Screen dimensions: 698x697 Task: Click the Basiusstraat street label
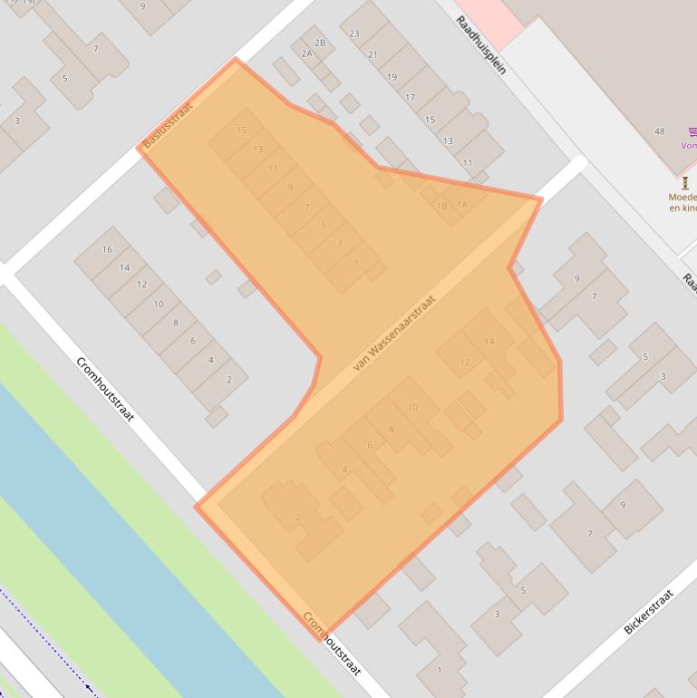pyautogui.click(x=169, y=124)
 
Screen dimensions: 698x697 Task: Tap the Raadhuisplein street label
pyautogui.click(x=481, y=44)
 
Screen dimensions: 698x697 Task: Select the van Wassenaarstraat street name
pyautogui.click(x=395, y=333)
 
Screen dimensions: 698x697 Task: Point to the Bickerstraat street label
pyautogui.click(x=649, y=612)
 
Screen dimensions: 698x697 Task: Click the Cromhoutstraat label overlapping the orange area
pyautogui.click(x=332, y=644)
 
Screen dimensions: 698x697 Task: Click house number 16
pyautogui.click(x=107, y=249)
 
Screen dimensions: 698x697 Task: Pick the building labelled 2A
pyautogui.click(x=306, y=53)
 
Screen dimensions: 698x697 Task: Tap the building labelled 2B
pyautogui.click(x=319, y=43)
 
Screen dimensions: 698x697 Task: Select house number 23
pyautogui.click(x=354, y=34)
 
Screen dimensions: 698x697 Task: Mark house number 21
pyautogui.click(x=373, y=54)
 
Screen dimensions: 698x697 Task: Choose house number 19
pyautogui.click(x=392, y=77)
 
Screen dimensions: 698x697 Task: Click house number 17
pyautogui.click(x=410, y=98)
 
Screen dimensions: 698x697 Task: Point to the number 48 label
pyautogui.click(x=660, y=131)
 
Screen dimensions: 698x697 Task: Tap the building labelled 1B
pyautogui.click(x=441, y=207)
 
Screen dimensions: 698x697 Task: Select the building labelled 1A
pyautogui.click(x=461, y=204)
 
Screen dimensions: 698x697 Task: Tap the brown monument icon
pyautogui.click(x=684, y=182)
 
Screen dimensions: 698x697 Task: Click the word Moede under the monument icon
pyautogui.click(x=682, y=197)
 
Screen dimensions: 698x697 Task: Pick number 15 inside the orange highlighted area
pyautogui.click(x=241, y=131)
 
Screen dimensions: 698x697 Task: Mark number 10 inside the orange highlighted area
pyautogui.click(x=412, y=407)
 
